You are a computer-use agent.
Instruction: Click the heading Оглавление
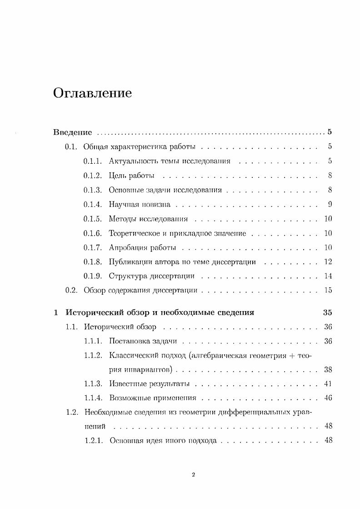coord(92,94)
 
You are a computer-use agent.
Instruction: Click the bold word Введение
coord(72,132)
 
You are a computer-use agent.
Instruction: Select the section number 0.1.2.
coord(93,176)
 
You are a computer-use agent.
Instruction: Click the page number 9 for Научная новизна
coord(330,204)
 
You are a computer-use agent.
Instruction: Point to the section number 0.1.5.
coord(93,219)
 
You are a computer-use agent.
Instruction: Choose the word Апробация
coord(127,247)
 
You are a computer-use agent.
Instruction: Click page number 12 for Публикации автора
coord(328,262)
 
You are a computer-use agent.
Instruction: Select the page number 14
coord(328,276)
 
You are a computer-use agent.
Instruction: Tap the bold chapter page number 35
coord(327,312)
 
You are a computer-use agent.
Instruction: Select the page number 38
coord(328,369)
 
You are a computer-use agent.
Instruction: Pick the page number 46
coord(328,398)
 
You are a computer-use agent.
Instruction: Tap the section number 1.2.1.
coord(94,440)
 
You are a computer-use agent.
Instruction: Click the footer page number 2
coord(193,475)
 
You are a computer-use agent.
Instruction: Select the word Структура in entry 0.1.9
coord(126,276)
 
